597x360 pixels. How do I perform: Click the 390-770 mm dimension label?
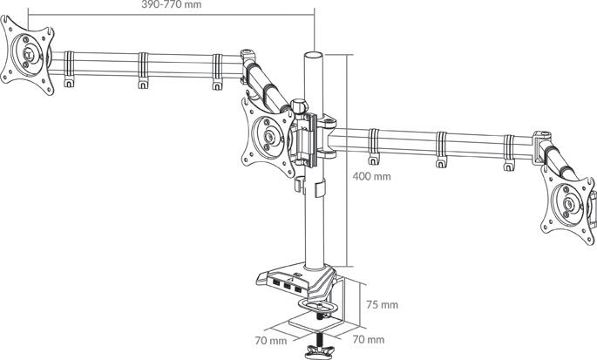[172, 4]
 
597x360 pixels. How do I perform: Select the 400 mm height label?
[371, 176]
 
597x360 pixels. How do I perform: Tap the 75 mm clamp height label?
[382, 305]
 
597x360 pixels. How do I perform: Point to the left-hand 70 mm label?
[271, 341]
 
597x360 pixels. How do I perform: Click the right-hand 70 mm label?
[369, 339]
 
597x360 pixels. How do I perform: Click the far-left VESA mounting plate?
[27, 54]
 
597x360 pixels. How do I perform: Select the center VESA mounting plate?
[268, 136]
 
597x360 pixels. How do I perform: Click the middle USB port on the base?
[287, 283]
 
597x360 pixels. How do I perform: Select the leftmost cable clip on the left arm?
[69, 70]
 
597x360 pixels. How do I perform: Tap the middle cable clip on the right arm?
[441, 150]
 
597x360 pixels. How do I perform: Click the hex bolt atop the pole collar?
[298, 105]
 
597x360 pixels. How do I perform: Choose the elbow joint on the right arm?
[541, 146]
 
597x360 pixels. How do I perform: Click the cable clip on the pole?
[320, 188]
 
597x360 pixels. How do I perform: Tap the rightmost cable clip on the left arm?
[217, 71]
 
